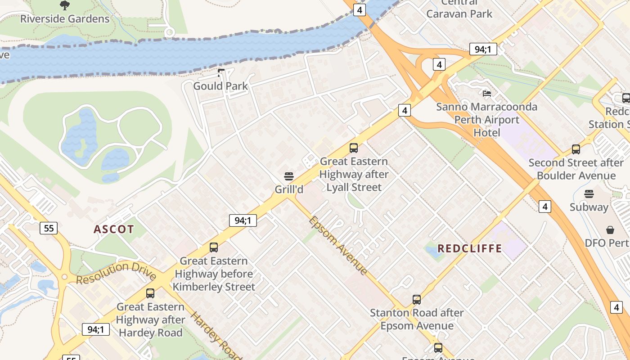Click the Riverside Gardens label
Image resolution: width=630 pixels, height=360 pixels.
coord(65,19)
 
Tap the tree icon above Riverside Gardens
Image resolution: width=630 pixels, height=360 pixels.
coord(65,5)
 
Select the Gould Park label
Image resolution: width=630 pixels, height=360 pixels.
coord(220,86)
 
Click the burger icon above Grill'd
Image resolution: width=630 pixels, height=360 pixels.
coord(289,176)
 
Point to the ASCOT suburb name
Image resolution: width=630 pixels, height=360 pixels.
coord(114,229)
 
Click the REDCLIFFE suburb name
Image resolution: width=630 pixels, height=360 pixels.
coord(469,248)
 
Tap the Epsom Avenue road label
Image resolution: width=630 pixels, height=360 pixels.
coord(338,245)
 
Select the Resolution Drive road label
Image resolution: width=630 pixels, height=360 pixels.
coord(116,272)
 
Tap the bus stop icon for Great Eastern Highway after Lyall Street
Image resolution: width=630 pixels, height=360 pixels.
coord(354,148)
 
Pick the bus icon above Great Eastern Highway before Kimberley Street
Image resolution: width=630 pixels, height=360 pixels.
coord(213,247)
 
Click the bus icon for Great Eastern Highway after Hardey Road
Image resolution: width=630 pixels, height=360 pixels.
coord(150,293)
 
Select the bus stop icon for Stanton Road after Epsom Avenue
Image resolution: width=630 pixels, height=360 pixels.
coord(417,299)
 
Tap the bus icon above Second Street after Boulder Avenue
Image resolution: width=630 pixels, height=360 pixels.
coord(576,149)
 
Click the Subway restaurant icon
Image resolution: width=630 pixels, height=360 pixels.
coord(589,194)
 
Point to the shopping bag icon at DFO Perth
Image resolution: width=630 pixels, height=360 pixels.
coord(610,230)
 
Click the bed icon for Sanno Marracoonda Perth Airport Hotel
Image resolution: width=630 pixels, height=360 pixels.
coord(486,94)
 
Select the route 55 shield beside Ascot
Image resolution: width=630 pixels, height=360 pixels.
coord(49,228)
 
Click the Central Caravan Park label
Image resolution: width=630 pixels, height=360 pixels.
coord(459,9)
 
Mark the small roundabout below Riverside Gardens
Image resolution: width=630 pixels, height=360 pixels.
coord(169,32)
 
